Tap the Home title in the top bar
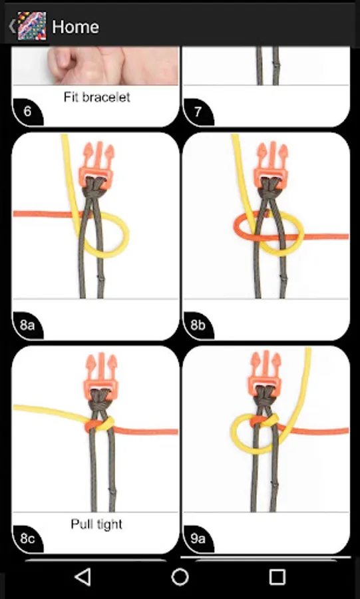click(x=76, y=27)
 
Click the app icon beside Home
click(x=32, y=26)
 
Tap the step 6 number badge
click(x=27, y=112)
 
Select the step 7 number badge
click(x=198, y=112)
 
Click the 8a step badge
click(x=27, y=325)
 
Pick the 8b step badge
click(x=198, y=325)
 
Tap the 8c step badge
click(x=27, y=538)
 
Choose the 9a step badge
click(x=198, y=538)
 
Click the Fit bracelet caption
click(x=97, y=97)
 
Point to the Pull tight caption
click(x=96, y=524)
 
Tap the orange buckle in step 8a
click(x=98, y=164)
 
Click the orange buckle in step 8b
click(x=271, y=164)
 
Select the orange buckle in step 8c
click(x=102, y=376)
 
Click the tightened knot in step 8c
click(x=99, y=424)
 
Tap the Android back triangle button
click(x=83, y=577)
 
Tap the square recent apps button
click(x=277, y=577)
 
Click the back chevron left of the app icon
click(x=12, y=27)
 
